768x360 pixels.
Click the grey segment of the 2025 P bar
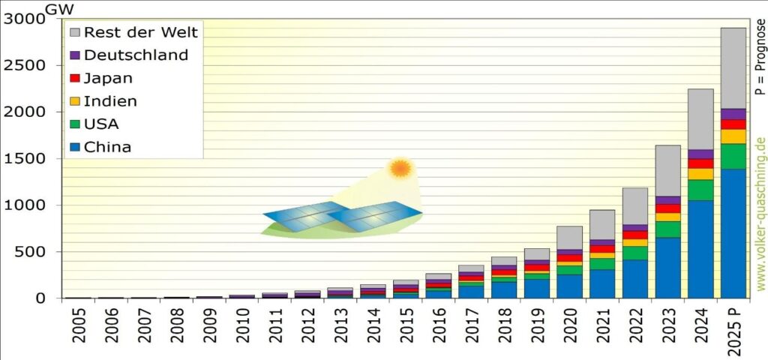(x=732, y=67)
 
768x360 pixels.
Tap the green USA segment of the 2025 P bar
(x=732, y=156)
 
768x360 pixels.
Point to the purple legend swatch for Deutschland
(x=74, y=55)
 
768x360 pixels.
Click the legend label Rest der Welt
(x=141, y=32)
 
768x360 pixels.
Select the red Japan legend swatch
(x=74, y=79)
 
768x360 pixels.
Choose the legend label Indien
(x=110, y=101)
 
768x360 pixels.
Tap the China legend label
(x=107, y=147)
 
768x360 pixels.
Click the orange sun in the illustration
(x=400, y=168)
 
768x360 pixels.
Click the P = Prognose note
(x=760, y=55)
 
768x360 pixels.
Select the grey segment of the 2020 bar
(x=569, y=237)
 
